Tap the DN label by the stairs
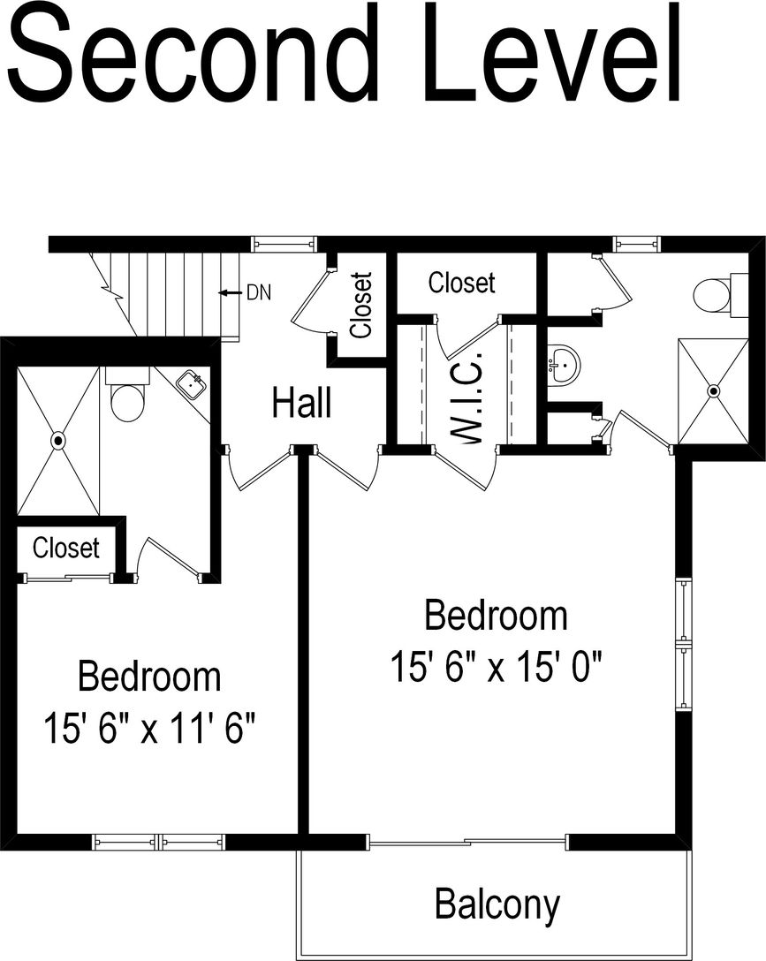tap(259, 292)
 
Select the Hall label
tap(302, 403)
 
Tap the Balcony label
tap(497, 904)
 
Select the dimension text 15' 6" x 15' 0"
tap(497, 668)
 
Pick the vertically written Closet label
tap(360, 305)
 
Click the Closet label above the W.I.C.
tap(461, 283)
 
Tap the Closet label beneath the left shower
tap(66, 548)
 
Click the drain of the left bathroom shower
tap(58, 439)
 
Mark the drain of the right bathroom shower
tap(714, 390)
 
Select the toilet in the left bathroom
tap(127, 398)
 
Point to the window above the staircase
tap(283, 244)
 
